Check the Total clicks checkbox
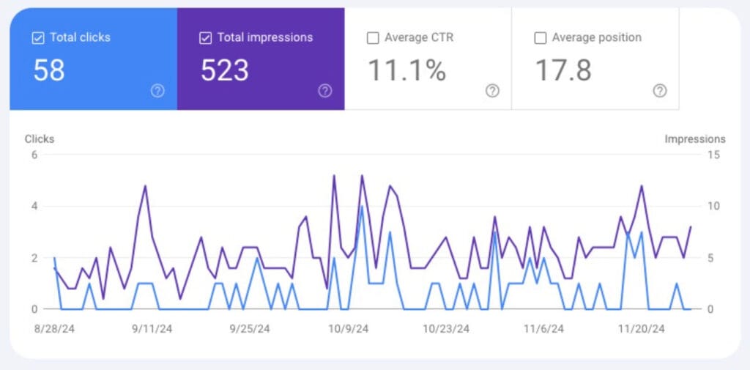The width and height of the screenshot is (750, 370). pos(38,38)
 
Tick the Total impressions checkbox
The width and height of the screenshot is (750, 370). pos(206,38)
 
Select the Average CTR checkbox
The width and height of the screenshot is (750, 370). pos(373,38)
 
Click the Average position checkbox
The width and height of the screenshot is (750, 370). pos(541,38)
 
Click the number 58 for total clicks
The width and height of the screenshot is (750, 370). pos(49,70)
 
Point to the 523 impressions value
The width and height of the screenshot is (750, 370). pos(225,70)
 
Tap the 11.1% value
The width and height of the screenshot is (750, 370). pos(406,70)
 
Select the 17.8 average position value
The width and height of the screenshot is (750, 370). pos(563,70)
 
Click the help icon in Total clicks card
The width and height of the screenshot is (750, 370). pos(157,91)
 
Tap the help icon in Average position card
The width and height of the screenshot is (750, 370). pos(660,91)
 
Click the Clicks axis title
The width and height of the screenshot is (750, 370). pos(40,138)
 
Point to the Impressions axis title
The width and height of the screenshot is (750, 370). pos(695,138)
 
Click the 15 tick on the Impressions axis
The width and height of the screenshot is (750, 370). pos(714,154)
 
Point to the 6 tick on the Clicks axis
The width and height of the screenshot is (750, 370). pos(34,154)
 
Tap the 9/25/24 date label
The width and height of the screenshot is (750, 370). pos(250,330)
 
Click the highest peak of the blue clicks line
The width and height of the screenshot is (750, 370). pos(362,206)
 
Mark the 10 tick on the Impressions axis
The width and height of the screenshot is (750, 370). pos(714,206)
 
